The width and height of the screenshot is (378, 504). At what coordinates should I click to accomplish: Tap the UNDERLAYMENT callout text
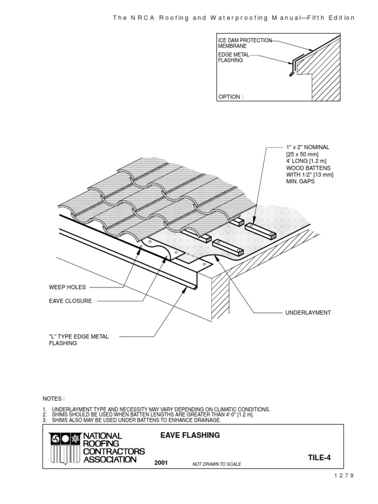click(x=308, y=313)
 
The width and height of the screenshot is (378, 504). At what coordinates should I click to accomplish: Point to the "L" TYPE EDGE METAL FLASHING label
click(x=78, y=340)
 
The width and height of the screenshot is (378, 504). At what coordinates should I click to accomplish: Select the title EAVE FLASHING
click(x=190, y=435)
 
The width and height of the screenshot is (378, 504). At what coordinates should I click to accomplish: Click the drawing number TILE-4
click(x=317, y=458)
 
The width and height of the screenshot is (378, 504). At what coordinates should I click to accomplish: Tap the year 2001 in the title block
click(x=161, y=463)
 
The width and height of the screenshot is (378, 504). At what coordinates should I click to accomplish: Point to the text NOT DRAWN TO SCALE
click(x=217, y=464)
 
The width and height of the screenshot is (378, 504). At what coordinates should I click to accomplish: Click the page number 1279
click(x=344, y=475)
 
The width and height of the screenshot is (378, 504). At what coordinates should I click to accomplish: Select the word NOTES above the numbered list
click(x=54, y=398)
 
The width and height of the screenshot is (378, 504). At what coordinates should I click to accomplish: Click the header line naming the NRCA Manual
click(x=233, y=18)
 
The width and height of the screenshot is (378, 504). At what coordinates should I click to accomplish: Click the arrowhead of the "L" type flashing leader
click(x=185, y=289)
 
